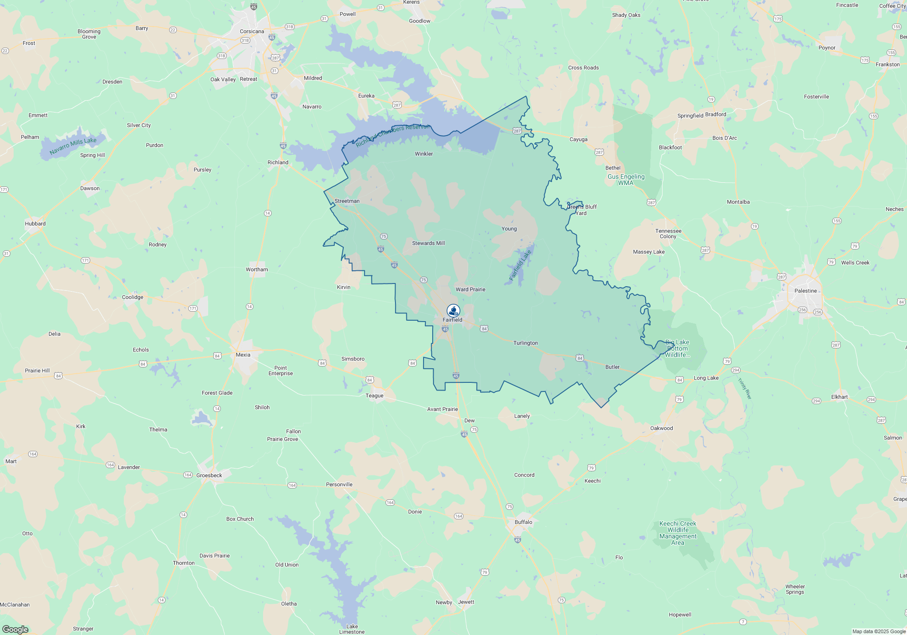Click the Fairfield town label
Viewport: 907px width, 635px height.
452,320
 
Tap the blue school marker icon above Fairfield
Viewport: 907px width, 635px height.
453,311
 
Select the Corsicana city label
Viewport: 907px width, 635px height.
252,31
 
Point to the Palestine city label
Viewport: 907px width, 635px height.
805,291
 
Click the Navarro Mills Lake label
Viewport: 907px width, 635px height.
73,146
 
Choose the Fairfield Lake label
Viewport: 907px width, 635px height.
520,265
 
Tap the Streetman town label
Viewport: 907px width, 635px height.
347,201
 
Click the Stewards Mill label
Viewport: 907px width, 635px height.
428,243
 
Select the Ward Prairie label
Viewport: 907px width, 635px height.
470,289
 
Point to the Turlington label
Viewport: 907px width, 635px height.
526,343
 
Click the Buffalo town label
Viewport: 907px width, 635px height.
523,522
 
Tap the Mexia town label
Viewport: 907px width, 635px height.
243,355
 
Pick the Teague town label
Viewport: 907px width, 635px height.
375,396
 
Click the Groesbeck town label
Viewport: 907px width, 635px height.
209,475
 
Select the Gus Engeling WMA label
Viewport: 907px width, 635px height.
626,180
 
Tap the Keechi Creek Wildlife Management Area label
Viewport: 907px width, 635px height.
678,533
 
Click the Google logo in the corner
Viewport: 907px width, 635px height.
15,629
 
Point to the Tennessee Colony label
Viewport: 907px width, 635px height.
668,234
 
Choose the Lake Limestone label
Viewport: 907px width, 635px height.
352,629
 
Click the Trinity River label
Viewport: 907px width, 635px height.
745,389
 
